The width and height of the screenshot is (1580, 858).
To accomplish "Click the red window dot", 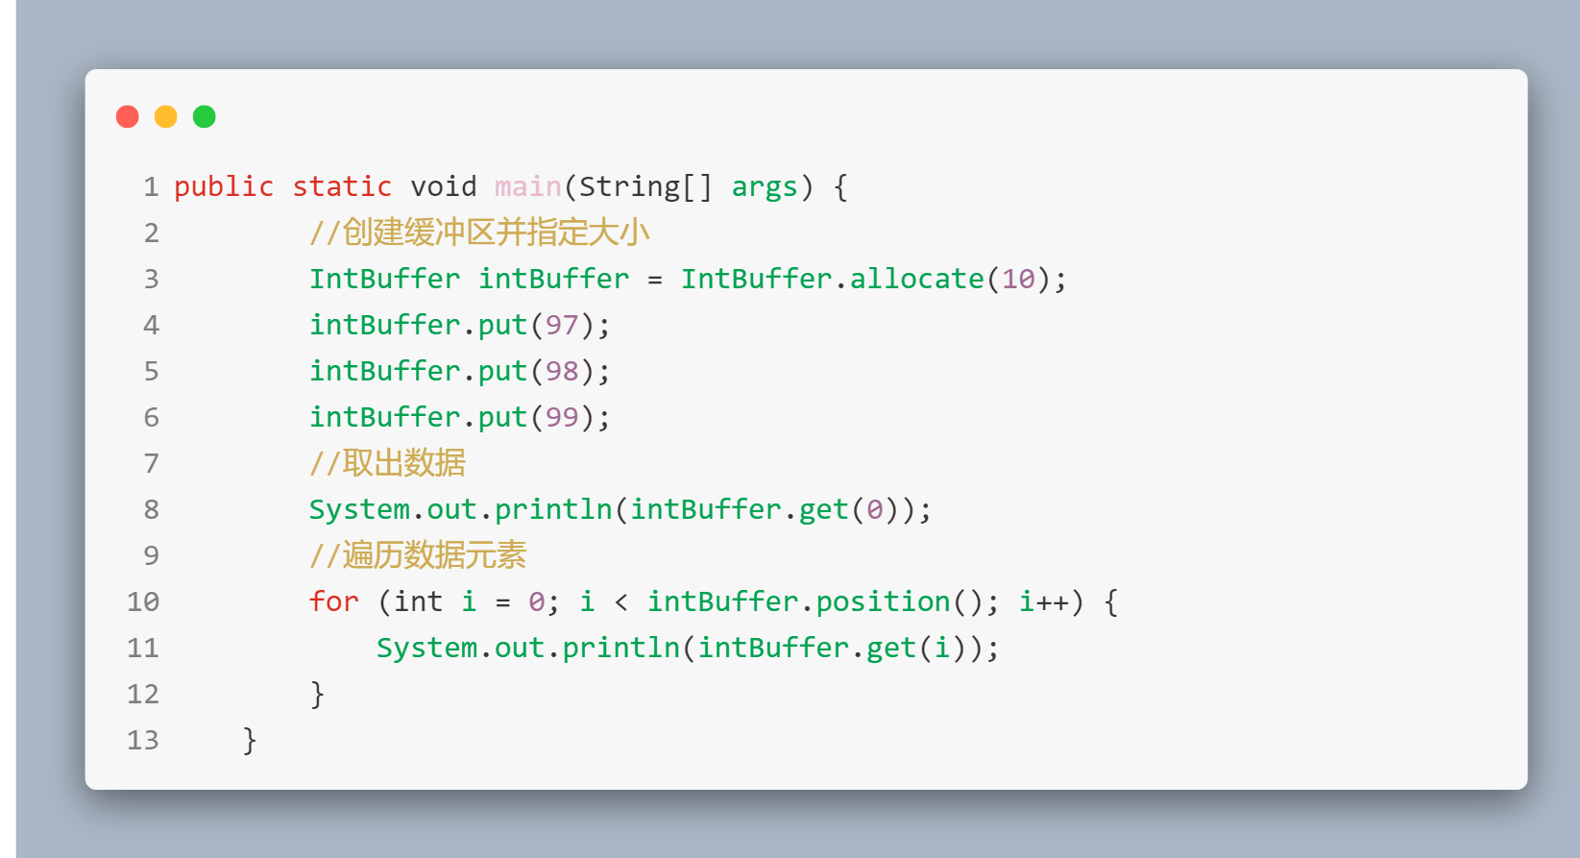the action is pos(128,117).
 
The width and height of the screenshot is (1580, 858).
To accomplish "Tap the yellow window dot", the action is pos(166,117).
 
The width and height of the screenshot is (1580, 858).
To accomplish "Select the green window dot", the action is pos(205,117).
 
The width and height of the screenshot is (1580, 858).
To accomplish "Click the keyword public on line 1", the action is pos(224,186).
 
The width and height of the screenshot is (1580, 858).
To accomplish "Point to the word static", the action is pos(342,186).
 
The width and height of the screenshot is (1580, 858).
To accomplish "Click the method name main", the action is pos(527,186).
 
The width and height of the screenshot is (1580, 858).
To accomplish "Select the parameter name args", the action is pos(765,186).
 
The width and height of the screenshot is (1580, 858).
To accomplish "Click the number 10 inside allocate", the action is pos(1018,279).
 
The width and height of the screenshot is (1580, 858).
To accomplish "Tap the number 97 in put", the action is pos(562,325).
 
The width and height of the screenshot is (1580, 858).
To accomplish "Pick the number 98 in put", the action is pos(562,371).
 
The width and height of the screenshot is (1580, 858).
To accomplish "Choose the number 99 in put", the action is pos(562,417).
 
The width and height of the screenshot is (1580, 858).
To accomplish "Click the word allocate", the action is pos(916,279).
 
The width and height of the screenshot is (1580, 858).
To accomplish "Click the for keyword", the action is pos(333,601).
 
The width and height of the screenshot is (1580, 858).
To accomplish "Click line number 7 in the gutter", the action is pos(151,463).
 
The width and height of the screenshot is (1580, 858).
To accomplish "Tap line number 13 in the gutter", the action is pos(143,740).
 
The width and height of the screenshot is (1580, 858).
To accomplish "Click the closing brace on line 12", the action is pos(317,694).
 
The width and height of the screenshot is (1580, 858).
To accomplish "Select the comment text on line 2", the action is pos(479,233).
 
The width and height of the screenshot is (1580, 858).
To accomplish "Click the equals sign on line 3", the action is pos(655,279).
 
